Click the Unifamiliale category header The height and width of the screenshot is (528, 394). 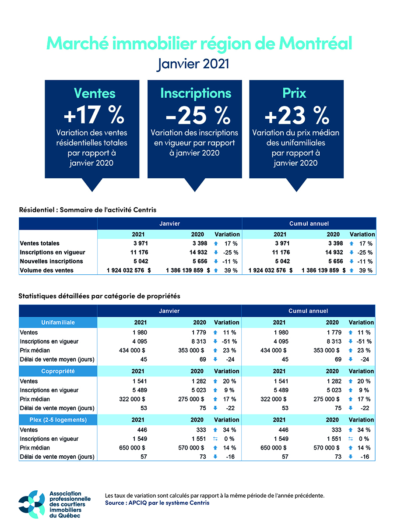coord(58,322)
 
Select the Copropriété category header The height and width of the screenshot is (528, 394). coord(58,371)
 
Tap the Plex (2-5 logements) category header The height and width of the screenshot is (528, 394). coord(58,420)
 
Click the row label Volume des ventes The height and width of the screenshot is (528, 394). coord(47,270)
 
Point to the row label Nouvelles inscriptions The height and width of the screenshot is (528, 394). coord(51,261)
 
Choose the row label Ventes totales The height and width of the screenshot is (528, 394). coord(40,243)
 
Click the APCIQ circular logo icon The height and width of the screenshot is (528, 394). coord(32,504)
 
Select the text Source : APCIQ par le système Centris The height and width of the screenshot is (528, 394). coord(157,503)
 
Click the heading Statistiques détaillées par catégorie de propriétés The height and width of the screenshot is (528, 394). coord(99,296)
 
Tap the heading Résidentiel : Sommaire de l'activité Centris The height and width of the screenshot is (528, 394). coord(88,210)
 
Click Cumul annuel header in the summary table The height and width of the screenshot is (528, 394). coord(309,223)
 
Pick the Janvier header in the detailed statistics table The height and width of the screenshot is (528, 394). coord(169,311)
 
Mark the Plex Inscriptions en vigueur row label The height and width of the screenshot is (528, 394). coord(49,439)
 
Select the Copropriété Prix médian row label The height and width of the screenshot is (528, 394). coord(35,399)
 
